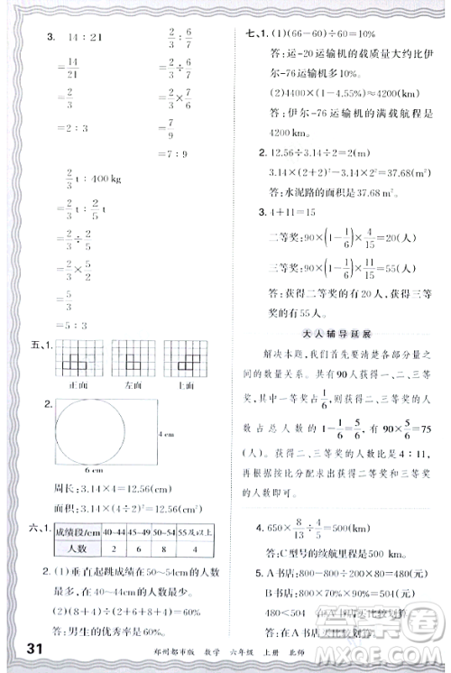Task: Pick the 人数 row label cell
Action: coord(76,548)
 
